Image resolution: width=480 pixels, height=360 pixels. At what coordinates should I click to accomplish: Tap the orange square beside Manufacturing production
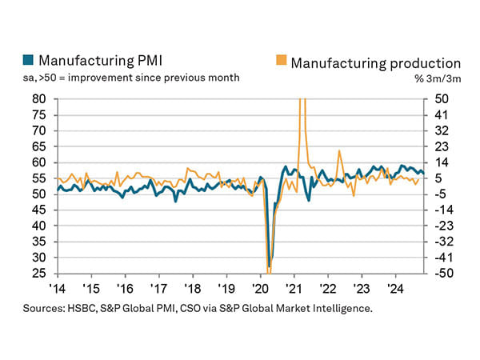pyautogui.click(x=281, y=61)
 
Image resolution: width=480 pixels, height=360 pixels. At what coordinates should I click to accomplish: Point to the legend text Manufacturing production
pyautogui.click(x=375, y=62)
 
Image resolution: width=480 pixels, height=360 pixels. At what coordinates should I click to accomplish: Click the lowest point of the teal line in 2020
pyautogui.click(x=270, y=267)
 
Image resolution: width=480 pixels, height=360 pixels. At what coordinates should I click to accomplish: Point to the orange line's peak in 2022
pyautogui.click(x=340, y=150)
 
